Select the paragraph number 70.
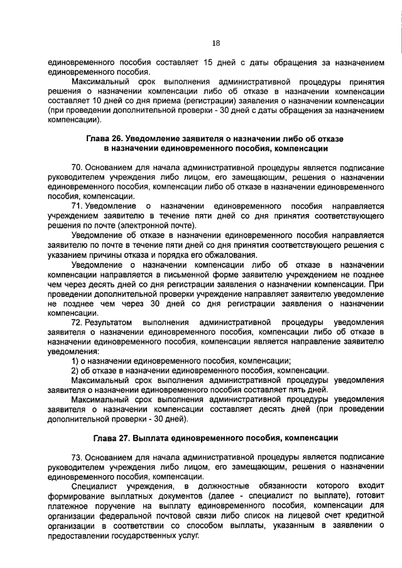[x=77, y=168]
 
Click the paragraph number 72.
[x=77, y=322]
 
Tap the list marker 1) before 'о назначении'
[x=75, y=360]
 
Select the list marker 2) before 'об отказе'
[x=75, y=370]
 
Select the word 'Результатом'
[x=107, y=322]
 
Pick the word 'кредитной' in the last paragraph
[x=364, y=515]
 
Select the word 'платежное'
[x=67, y=506]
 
